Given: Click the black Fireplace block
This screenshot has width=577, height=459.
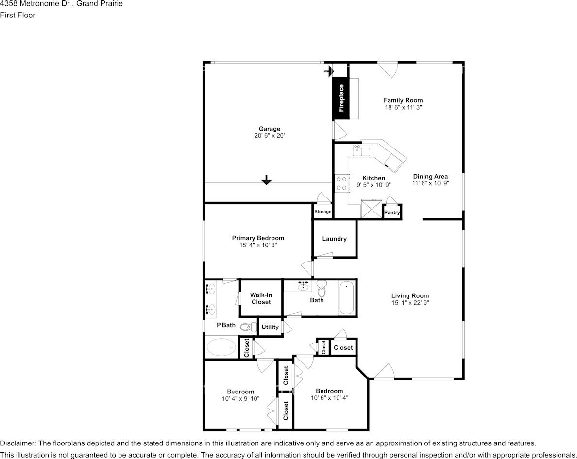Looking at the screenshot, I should [x=341, y=98].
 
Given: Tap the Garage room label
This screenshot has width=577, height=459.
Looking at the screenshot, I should [x=269, y=129].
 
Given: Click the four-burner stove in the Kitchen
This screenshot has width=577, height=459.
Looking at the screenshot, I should [x=342, y=183].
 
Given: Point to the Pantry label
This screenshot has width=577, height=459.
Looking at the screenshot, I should [x=392, y=213].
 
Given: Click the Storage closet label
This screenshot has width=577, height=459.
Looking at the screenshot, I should [x=322, y=212].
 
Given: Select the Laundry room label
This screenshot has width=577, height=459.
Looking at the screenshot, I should [x=334, y=239].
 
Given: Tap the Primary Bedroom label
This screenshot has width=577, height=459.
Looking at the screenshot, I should [x=258, y=238].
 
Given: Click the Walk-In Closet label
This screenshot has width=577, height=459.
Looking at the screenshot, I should [x=261, y=298].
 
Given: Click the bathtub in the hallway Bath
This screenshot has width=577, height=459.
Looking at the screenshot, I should [x=347, y=297].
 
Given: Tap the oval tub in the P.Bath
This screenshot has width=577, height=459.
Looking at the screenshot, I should [x=221, y=347].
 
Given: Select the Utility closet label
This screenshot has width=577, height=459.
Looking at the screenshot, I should [x=270, y=327].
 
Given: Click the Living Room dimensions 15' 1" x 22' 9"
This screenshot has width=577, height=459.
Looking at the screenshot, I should [x=410, y=303].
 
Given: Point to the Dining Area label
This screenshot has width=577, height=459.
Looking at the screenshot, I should [x=430, y=177].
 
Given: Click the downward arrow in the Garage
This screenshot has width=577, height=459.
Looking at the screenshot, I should [x=266, y=180].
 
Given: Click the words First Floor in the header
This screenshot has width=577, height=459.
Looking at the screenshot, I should [x=17, y=15].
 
